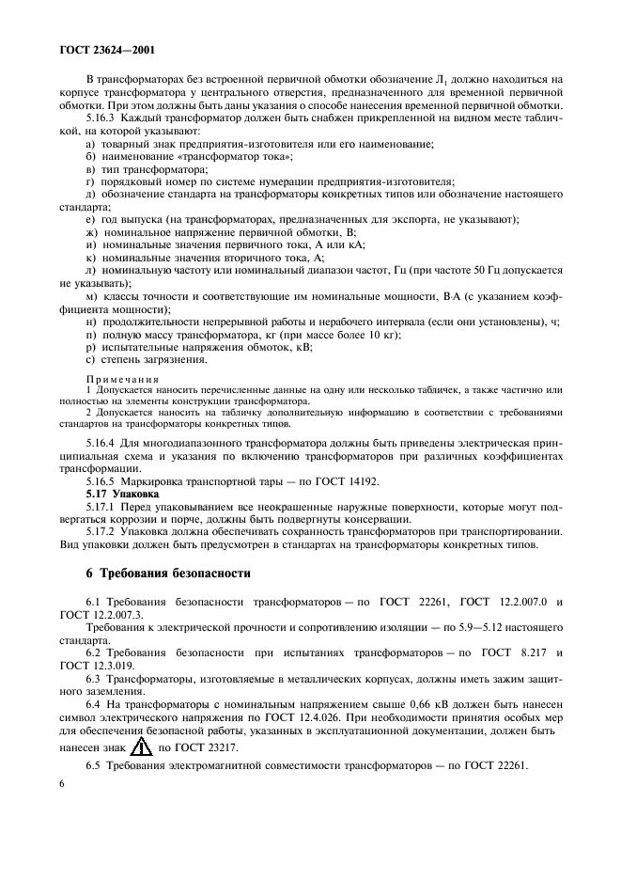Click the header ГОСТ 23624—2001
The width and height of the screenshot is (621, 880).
pos(106,54)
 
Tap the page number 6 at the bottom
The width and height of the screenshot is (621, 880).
pos(62,808)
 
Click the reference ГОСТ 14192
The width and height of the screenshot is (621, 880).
pos(314,480)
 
